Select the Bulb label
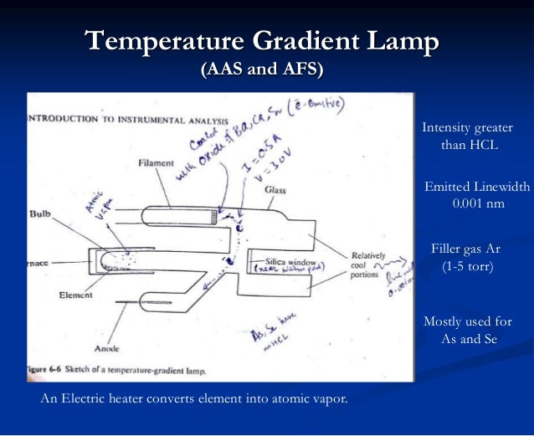click(x=39, y=214)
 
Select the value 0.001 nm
click(x=478, y=203)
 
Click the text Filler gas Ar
click(x=468, y=249)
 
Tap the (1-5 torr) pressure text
click(x=468, y=267)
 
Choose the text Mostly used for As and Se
click(x=468, y=331)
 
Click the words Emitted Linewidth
click(x=477, y=187)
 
